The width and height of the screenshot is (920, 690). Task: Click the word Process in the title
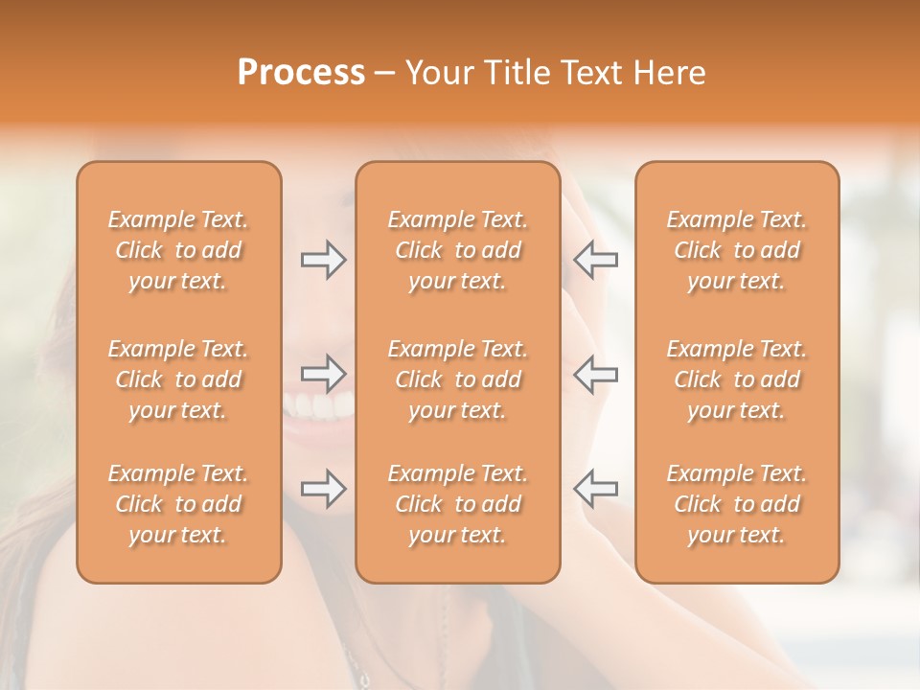coord(301,73)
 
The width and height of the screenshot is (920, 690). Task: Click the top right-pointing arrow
coord(324,260)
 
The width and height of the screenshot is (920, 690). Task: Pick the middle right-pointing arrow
coord(324,374)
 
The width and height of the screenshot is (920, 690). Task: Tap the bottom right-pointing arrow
coord(324,489)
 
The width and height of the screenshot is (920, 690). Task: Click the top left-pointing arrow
coord(595,260)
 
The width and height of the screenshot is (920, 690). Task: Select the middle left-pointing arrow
coord(595,374)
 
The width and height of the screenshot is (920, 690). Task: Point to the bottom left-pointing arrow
coord(595,489)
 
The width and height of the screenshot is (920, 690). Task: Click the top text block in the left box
coord(178,250)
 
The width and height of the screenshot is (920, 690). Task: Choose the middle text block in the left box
coord(178,379)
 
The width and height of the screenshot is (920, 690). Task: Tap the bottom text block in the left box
coord(178,504)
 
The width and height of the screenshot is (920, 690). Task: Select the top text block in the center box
coord(457,250)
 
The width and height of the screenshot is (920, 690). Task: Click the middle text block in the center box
coord(457,379)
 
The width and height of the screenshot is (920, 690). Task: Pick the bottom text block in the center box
coord(457,504)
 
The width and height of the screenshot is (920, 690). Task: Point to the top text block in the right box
coord(737,250)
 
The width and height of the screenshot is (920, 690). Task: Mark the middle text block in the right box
coord(737,379)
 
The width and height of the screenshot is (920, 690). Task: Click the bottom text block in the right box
coord(737,504)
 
